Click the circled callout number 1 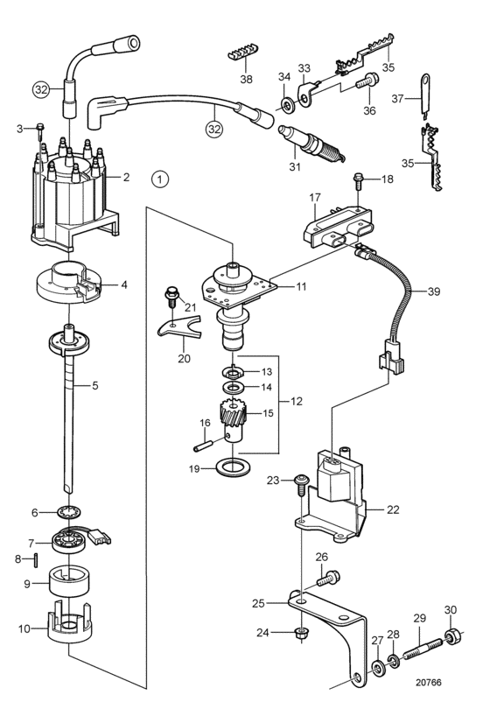click(160, 179)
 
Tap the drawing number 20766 click(428, 682)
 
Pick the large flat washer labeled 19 click(233, 467)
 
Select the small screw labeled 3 click(40, 129)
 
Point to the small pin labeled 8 click(35, 559)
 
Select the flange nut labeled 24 click(303, 633)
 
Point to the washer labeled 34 click(287, 106)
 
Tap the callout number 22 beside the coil click(393, 509)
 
